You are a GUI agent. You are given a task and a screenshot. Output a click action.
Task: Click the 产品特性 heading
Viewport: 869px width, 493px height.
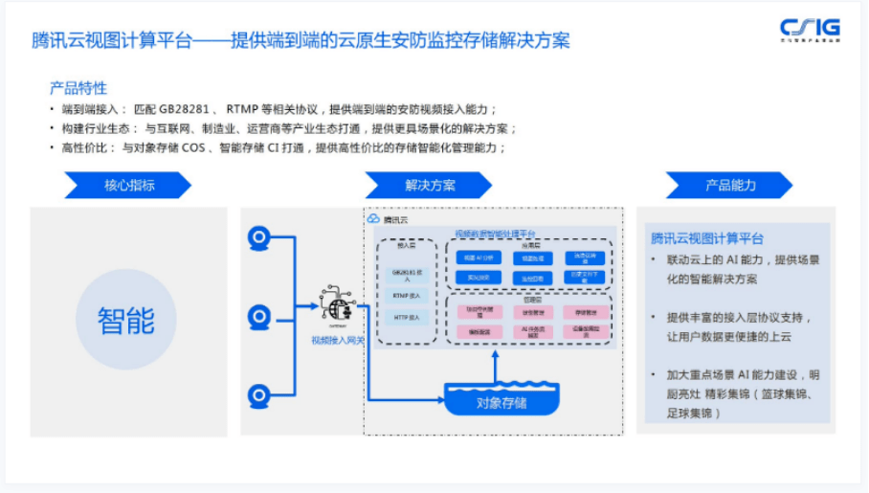pos(78,89)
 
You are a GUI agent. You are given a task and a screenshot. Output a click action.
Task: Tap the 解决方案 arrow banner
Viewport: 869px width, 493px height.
pos(423,185)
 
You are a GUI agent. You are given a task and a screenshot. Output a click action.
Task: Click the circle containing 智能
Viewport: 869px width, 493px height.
pos(126,320)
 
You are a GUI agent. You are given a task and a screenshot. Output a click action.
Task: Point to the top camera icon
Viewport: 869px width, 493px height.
pos(257,238)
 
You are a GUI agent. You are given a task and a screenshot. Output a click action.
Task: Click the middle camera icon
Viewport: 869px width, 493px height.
pos(257,316)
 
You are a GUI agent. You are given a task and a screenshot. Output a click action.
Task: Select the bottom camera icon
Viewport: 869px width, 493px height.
pos(257,394)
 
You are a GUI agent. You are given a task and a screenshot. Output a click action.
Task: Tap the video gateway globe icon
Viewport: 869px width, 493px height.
pos(335,304)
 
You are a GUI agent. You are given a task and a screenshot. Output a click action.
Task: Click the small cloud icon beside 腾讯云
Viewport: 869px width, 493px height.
pos(373,219)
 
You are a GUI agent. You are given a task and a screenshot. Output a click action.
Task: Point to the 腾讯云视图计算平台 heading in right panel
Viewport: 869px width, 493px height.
pos(707,238)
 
